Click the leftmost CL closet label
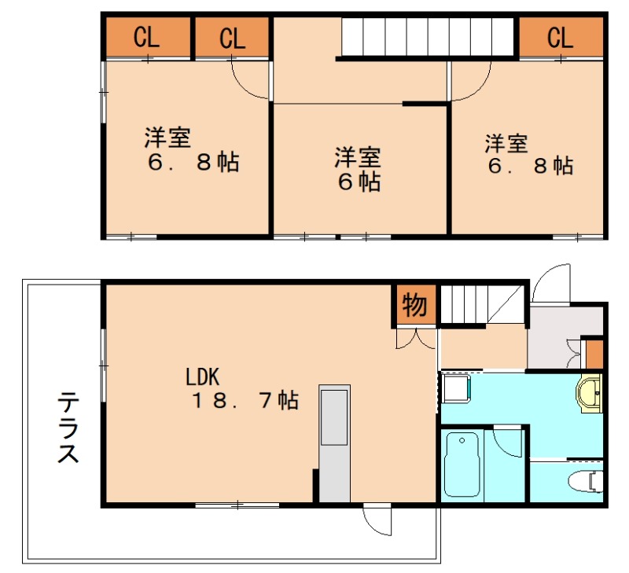[147, 37]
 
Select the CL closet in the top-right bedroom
[561, 37]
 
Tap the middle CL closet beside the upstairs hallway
[232, 37]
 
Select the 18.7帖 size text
[245, 401]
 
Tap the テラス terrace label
[68, 428]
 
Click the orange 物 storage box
[414, 306]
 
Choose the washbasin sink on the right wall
[589, 393]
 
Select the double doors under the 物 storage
[415, 339]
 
